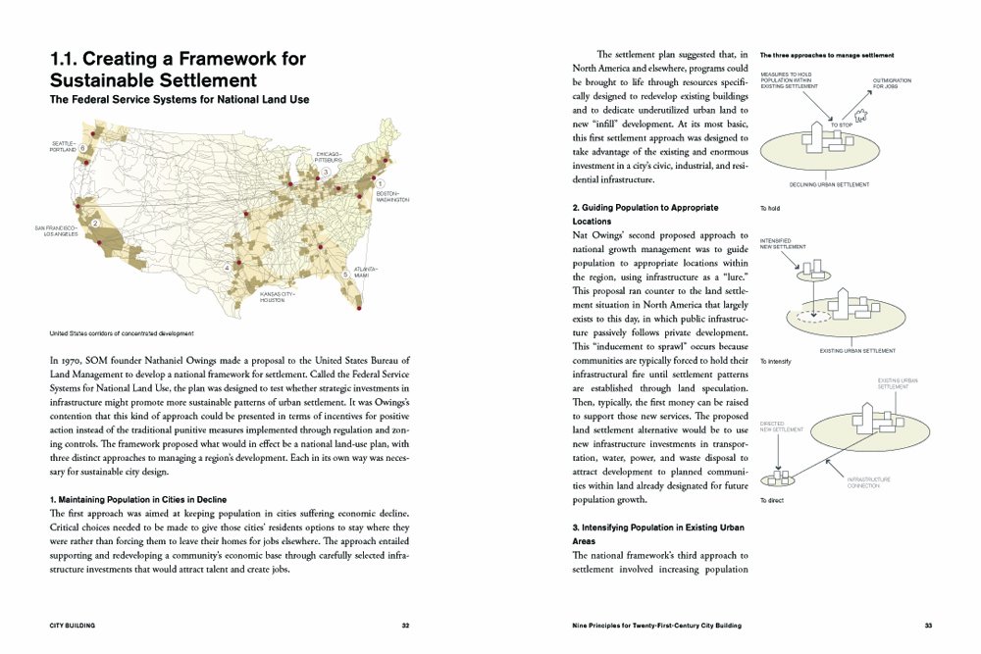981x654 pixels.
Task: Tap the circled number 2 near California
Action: pos(95,224)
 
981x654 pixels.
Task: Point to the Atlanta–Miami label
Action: pos(365,272)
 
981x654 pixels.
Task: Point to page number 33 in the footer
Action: pos(927,625)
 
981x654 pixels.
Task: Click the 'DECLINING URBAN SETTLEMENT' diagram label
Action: pos(832,183)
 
